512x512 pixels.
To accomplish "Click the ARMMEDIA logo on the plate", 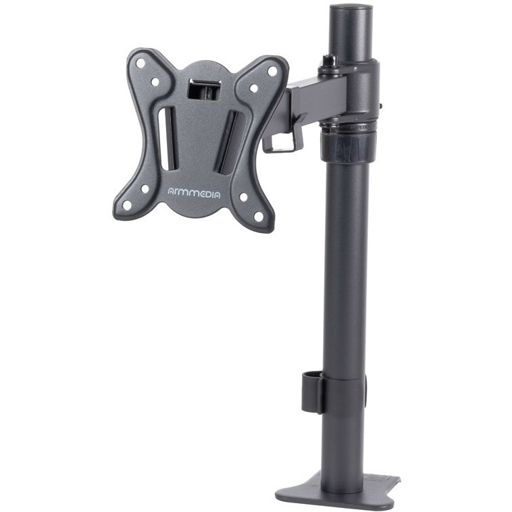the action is click(194, 193).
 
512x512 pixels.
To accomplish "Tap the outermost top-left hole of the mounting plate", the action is click(140, 63).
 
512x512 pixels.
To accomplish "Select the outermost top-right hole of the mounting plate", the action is click(272, 71).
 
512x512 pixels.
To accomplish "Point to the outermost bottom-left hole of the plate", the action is click(127, 205).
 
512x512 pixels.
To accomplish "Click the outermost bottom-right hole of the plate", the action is click(259, 217).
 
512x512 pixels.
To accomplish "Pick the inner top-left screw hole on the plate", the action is click(155, 82).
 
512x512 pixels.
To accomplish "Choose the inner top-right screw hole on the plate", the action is click(254, 88).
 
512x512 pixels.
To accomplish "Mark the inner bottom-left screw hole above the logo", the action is click(145, 188).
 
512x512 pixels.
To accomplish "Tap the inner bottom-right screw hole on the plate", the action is click(244, 197).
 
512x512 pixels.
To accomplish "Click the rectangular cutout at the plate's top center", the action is click(204, 88).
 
